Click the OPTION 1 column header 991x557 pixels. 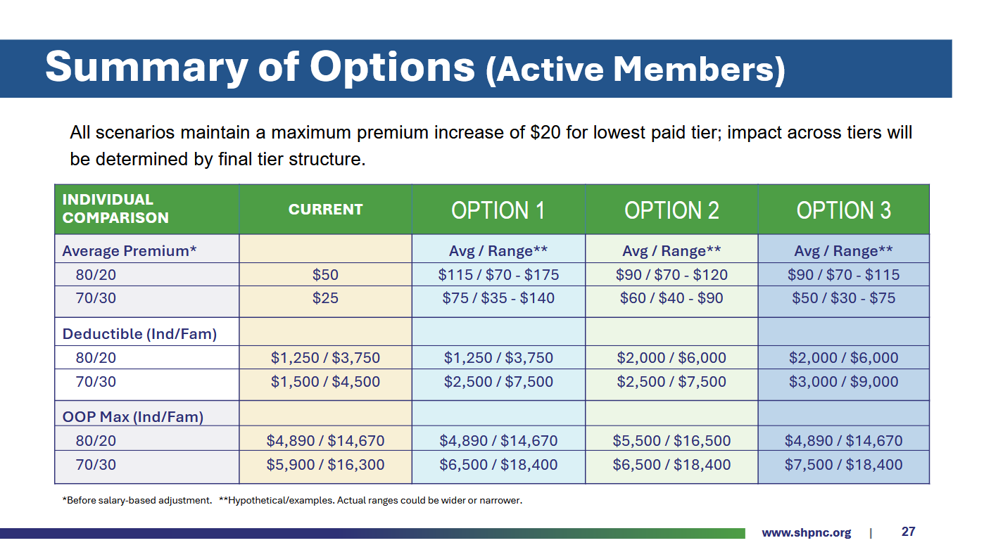pos(498,210)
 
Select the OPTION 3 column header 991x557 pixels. pos(843,210)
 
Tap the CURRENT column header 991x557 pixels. pos(325,210)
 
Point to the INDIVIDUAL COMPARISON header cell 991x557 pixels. pos(115,209)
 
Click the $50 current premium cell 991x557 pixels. pos(325,275)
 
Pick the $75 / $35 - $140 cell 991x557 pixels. pos(498,298)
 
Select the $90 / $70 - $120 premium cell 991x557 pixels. pos(671,275)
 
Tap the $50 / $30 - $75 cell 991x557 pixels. pos(843,298)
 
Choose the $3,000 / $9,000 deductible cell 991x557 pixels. pos(843,382)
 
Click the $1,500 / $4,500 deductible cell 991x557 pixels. pos(325,382)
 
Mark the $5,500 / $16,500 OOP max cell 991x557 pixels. pos(671,441)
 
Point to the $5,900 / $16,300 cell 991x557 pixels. pos(325,465)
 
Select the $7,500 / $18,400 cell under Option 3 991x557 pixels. pos(843,465)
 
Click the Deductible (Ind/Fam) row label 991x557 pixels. pos(139,334)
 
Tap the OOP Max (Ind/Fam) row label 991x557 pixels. pos(132,417)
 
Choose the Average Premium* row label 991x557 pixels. pos(130,251)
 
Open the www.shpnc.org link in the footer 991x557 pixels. pos(806,532)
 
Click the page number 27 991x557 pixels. pos(908,532)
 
